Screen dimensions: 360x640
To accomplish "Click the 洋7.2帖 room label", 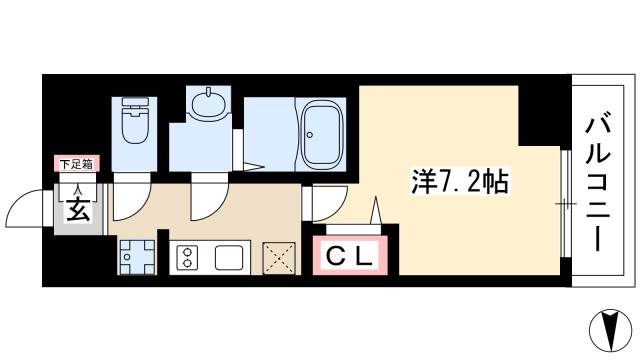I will (459, 182).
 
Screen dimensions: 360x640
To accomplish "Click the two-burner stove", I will (186, 258).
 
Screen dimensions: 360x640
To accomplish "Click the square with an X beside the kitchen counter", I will (280, 258).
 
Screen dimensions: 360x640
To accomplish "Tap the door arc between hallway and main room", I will (326, 203).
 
